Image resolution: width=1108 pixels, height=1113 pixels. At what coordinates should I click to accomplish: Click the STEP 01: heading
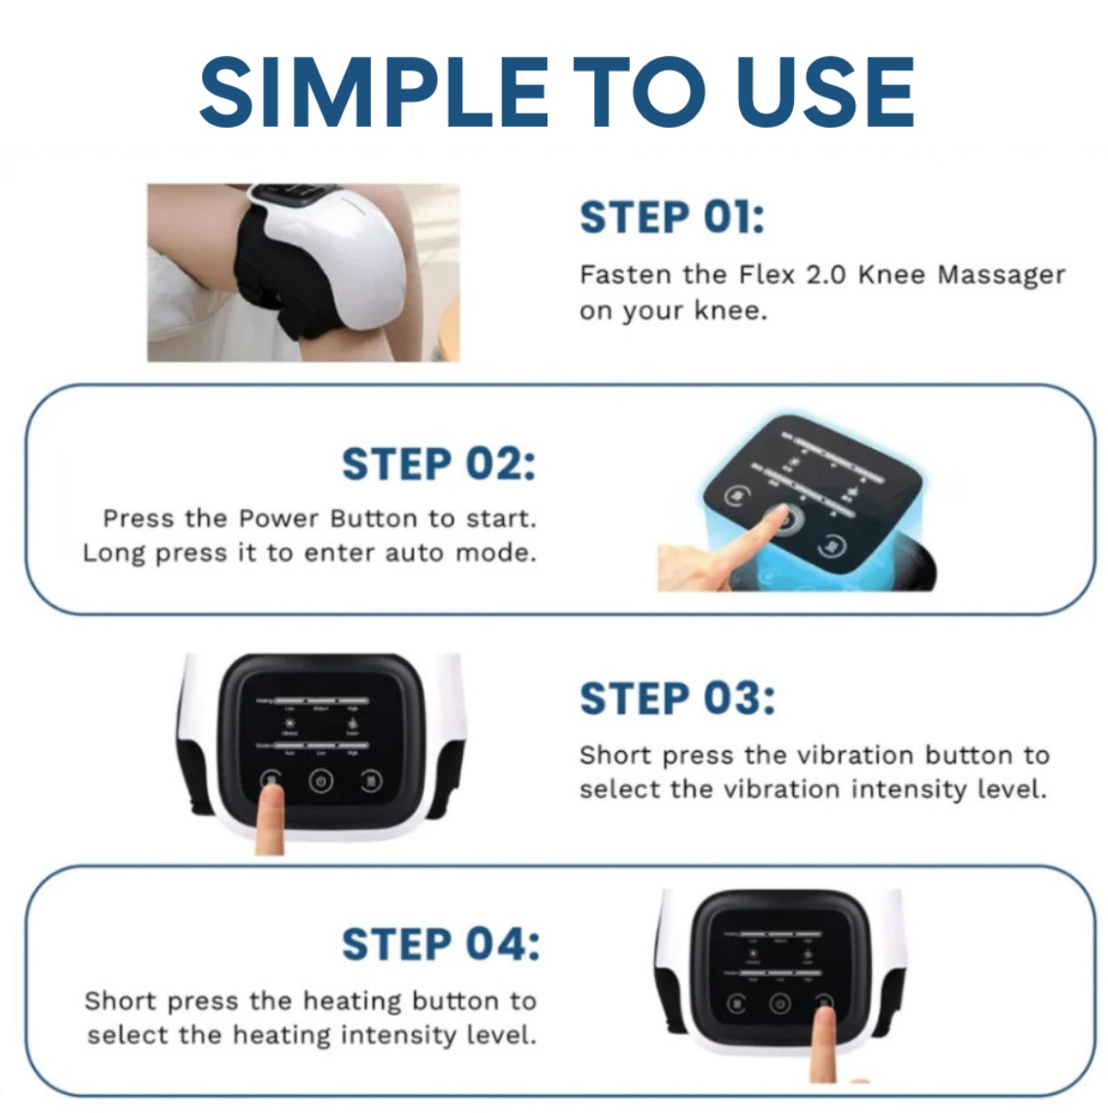(672, 218)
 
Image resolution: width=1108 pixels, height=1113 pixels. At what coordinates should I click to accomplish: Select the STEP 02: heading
(438, 464)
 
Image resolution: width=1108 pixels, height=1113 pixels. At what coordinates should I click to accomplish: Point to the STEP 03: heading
(677, 699)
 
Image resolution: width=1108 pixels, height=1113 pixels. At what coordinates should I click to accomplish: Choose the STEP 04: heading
(440, 943)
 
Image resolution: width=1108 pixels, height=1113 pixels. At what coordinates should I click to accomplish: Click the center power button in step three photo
(320, 782)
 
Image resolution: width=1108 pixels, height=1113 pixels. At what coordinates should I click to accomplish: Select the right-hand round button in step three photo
(370, 782)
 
